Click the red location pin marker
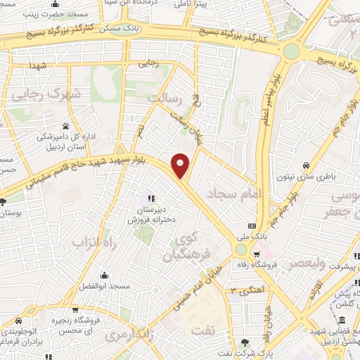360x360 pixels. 181,165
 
